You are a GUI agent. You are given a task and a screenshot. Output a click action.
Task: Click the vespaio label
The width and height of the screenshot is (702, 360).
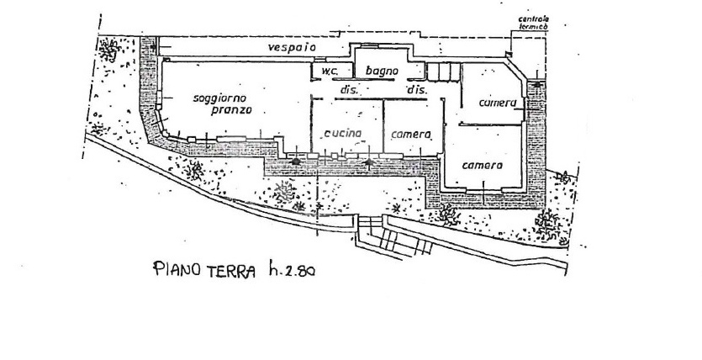point(292,47)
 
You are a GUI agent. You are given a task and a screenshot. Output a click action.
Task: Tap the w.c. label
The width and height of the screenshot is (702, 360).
point(330,71)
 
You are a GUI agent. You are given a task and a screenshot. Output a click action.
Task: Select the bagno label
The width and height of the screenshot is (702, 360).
point(382,71)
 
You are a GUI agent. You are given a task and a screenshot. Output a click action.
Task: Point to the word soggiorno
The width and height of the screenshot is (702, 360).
point(220,98)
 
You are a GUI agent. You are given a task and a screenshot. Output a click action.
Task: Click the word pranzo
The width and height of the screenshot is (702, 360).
point(231,110)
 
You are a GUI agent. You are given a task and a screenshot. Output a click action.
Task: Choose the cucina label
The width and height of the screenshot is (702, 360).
point(342,133)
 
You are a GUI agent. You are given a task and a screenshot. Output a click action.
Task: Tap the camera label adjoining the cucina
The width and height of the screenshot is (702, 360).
point(411,135)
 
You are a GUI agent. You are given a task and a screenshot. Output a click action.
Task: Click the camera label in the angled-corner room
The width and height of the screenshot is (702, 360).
point(498,103)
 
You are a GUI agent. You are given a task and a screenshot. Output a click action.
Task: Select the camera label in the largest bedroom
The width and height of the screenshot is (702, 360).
point(483,165)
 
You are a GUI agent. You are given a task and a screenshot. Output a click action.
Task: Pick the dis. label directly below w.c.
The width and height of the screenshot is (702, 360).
point(348,89)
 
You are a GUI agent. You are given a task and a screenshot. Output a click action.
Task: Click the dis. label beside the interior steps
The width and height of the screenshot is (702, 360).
point(417,90)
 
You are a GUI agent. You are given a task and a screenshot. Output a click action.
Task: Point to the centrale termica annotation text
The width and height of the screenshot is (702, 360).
point(534,23)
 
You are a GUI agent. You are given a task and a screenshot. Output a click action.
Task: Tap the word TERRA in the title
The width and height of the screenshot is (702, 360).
point(231,272)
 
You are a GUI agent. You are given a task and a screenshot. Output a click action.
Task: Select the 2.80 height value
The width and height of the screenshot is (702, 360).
point(300,271)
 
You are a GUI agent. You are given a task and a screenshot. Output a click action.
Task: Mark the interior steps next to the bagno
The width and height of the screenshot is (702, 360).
point(443,71)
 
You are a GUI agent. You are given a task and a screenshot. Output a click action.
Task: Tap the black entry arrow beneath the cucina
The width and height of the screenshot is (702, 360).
point(369,163)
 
